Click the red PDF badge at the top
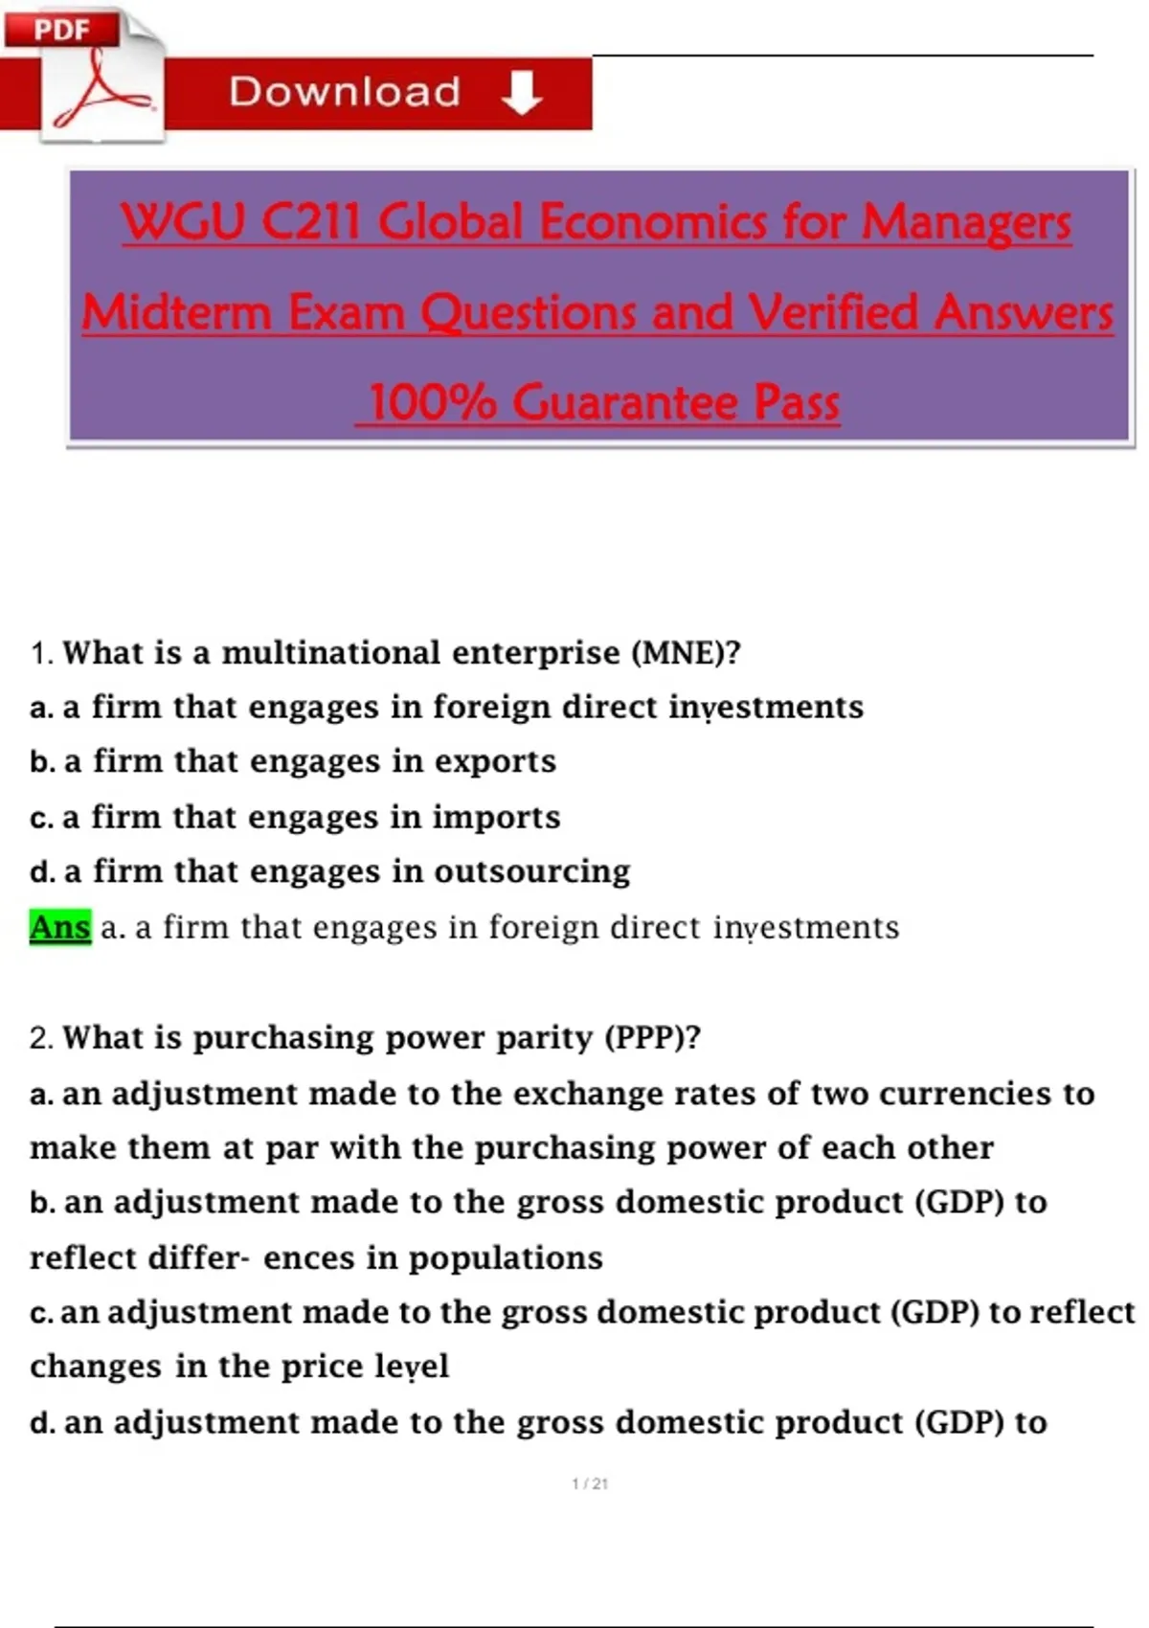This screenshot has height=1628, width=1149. point(62,29)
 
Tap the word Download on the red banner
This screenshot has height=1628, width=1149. point(345,92)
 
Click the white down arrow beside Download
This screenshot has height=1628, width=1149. point(522,93)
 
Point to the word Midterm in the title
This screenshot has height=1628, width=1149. point(177,312)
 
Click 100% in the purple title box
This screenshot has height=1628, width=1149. point(433,402)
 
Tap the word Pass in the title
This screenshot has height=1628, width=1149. point(797,402)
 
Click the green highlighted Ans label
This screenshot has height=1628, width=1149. point(60,927)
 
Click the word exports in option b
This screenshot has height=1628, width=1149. point(495,761)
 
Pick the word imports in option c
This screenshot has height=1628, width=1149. point(497,817)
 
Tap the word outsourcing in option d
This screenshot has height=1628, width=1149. point(532,871)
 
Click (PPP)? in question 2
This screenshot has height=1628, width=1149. point(653,1037)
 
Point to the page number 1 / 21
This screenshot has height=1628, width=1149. point(590,1484)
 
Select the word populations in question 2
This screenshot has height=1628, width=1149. point(506,1258)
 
